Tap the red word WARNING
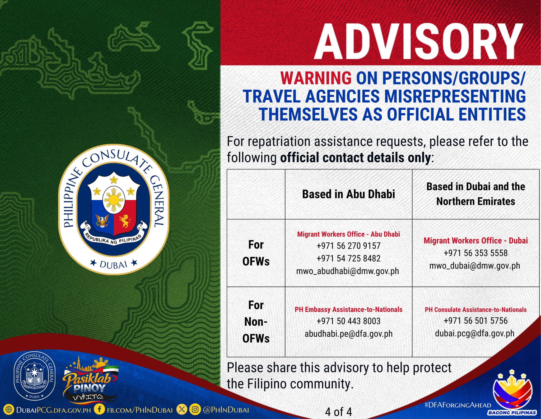tap(316, 78)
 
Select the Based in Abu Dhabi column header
tap(348, 194)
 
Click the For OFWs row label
tap(256, 253)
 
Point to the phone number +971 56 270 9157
tap(348, 246)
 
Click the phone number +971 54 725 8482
tap(348, 258)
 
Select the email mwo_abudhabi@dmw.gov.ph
tap(348, 271)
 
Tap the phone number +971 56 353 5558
tap(475, 253)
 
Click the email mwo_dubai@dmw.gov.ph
tap(475, 266)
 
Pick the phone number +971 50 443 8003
tap(348, 321)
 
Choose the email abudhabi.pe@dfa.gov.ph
tap(348, 334)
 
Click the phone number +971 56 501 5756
tap(475, 321)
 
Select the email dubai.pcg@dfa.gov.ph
tap(475, 333)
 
